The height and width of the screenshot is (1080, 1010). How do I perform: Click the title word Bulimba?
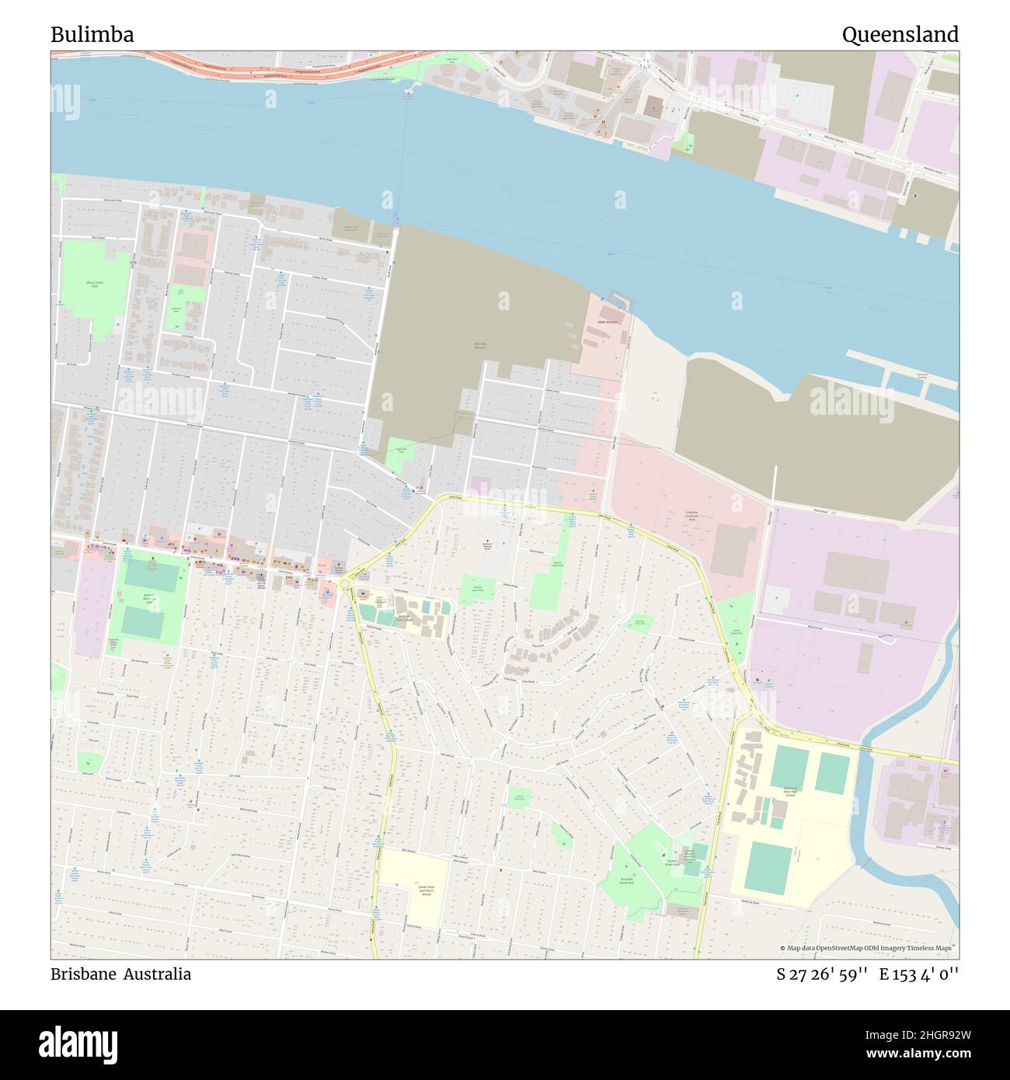point(92,35)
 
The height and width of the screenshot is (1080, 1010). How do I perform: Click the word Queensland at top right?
point(900,35)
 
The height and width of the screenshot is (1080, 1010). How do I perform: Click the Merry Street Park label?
point(95,285)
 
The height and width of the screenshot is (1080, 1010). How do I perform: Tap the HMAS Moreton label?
point(607,322)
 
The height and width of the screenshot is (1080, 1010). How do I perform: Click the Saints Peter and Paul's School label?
point(413,890)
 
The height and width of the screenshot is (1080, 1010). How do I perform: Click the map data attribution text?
point(869,948)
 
